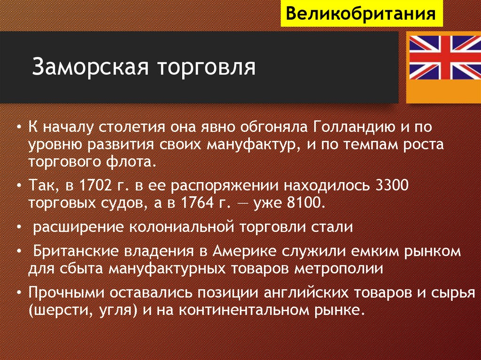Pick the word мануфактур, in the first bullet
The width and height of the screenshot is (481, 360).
click(252, 145)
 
